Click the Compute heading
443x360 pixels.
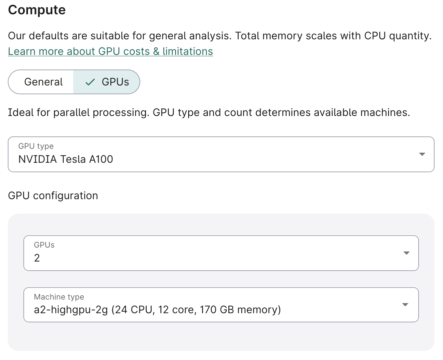tap(37, 10)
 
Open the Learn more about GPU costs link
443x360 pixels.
tap(110, 51)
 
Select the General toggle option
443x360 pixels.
tap(43, 82)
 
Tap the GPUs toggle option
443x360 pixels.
tap(115, 82)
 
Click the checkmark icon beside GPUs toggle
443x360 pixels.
tap(90, 82)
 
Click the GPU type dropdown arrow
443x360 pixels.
tap(422, 154)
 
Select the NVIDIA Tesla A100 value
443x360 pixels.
tap(66, 159)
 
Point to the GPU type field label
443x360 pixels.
tap(36, 146)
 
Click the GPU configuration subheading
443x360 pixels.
tap(53, 196)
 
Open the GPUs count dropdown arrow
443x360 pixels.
tap(406, 253)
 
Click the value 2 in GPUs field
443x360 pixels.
tap(37, 258)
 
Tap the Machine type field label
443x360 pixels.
tap(59, 297)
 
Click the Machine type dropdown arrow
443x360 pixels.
tap(405, 305)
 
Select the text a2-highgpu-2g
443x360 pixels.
tap(71, 310)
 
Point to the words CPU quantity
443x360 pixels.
tap(397, 36)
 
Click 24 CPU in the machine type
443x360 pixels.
tap(133, 310)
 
